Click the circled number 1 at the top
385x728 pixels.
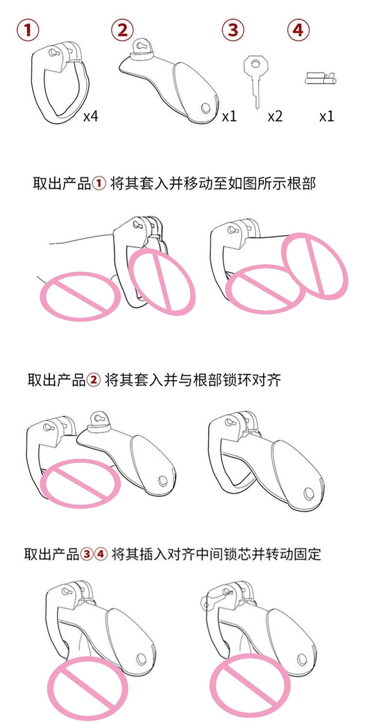28,30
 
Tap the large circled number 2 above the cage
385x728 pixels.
122,30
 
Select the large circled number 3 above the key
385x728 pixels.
233,30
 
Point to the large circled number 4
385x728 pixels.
298,30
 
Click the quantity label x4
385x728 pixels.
91,117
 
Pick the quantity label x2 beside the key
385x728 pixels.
275,117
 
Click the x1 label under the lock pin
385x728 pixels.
327,117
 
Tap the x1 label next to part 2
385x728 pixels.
229,117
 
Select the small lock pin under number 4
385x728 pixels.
320,79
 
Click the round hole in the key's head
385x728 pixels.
256,64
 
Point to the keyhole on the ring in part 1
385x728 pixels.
53,52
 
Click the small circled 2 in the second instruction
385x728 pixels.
94,379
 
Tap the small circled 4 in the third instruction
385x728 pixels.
100,553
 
